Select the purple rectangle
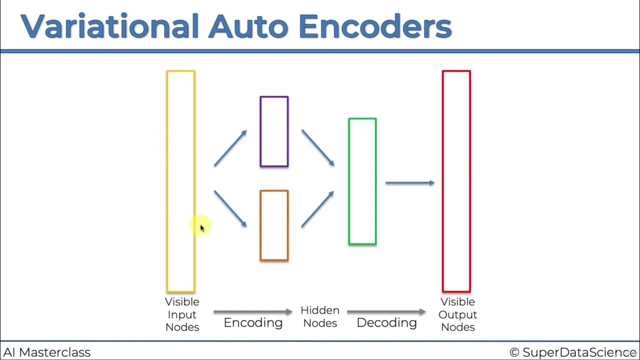tap(274, 131)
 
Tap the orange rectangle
tap(274, 225)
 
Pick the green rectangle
tap(362, 181)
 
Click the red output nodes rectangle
tap(456, 181)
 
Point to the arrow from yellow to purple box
tap(230, 148)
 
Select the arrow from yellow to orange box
tap(230, 208)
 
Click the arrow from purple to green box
tap(318, 147)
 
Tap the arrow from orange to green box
tap(318, 208)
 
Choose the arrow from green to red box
tap(410, 183)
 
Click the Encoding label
tap(253, 322)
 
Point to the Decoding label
tap(386, 322)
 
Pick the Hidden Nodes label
tap(320, 316)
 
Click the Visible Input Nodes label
tap(182, 314)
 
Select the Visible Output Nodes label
tap(457, 314)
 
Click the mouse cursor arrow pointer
tap(202, 228)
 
